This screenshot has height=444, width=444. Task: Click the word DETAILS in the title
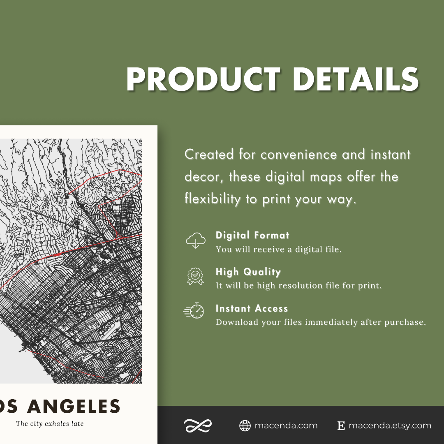pos(356,79)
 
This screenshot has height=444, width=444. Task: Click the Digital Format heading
pos(252,236)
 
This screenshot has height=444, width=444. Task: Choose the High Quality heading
pos(248,272)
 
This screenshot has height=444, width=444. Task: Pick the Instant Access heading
pos(252,308)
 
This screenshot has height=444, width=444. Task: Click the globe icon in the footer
pos(245,426)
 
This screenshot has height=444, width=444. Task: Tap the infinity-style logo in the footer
pos(198,426)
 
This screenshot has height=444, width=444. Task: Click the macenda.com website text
pos(286,426)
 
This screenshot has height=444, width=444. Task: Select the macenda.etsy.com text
pos(390,426)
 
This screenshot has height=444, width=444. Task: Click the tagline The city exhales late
pos(50,423)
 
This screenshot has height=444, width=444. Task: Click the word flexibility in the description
pos(212,199)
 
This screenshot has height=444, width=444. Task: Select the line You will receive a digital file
pos(278,249)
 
